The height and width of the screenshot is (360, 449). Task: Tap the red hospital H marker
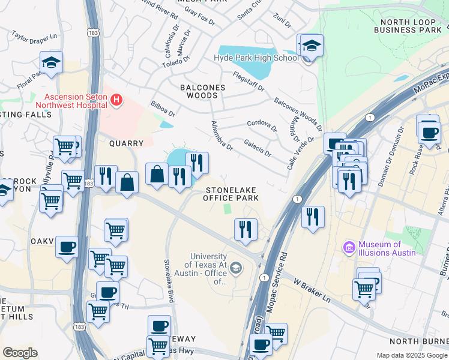(x=117, y=100)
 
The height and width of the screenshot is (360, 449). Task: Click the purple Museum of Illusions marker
(x=349, y=247)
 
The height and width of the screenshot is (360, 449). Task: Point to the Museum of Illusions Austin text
(x=387, y=248)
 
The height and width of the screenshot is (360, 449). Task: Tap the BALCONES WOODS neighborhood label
(x=203, y=91)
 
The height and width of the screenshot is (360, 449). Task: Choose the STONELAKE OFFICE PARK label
(x=229, y=193)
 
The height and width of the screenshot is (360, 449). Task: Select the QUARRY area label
(x=126, y=143)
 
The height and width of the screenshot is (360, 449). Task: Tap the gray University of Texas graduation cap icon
(x=237, y=268)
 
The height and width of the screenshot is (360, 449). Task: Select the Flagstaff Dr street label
(x=248, y=80)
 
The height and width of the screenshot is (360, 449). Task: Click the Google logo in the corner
(x=20, y=353)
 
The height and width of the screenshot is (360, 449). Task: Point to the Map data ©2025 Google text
(x=412, y=355)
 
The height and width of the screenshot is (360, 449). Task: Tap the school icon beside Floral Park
(x=52, y=62)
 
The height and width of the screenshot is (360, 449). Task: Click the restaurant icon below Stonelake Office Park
(x=245, y=229)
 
